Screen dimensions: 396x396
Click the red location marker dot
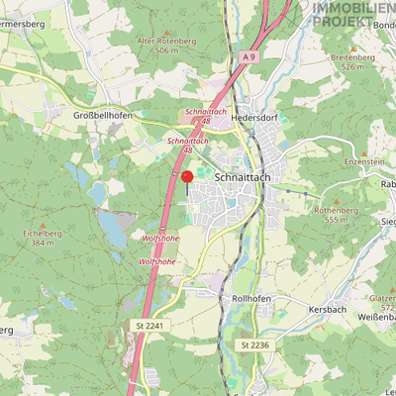(186, 176)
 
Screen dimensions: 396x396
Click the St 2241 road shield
(148, 325)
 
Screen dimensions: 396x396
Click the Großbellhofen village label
(102, 115)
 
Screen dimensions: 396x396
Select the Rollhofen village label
(250, 297)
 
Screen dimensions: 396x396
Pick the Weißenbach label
(372, 316)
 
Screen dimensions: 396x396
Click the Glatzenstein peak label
(382, 299)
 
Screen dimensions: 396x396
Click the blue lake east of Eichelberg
(113, 233)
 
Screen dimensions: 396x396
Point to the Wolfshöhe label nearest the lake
(159, 240)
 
